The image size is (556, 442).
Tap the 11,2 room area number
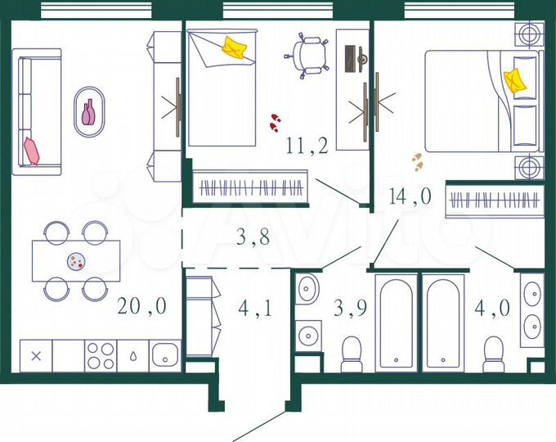307,147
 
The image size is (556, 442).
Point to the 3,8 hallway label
252,238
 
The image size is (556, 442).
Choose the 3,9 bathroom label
349,309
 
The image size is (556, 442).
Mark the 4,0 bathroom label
493,309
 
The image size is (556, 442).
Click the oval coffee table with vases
89,113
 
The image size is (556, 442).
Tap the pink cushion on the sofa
32,151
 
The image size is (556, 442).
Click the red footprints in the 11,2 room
275,123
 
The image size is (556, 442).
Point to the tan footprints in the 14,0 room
417,161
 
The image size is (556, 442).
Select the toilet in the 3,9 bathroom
352,354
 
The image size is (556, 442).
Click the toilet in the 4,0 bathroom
493,354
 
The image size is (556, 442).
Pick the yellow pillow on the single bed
235,47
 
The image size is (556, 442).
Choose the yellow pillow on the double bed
515,80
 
